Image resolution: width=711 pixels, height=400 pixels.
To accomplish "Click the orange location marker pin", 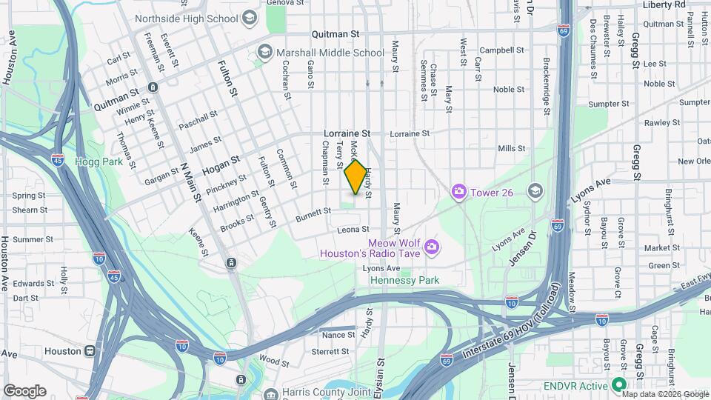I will click(355, 177).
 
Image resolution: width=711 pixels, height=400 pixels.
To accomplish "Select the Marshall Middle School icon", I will click(264, 52).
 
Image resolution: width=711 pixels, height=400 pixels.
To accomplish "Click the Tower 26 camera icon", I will click(459, 193).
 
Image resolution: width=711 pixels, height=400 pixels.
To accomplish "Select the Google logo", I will click(24, 390).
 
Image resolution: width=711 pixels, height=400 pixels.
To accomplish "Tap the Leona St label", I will click(353, 230).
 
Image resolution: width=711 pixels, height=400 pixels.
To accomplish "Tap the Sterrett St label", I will click(330, 351).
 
